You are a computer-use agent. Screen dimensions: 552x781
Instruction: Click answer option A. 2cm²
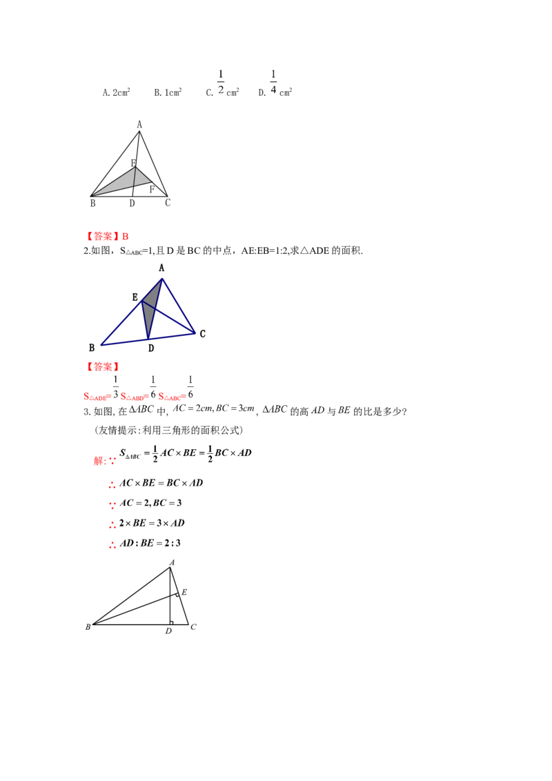[x=116, y=92]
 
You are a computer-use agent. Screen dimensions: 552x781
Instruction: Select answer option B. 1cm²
[x=168, y=92]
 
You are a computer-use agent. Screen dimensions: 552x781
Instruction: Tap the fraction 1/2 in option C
[x=221, y=82]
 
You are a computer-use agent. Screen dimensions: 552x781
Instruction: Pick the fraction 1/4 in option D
[x=273, y=82]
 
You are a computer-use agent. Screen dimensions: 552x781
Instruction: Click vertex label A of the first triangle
[x=139, y=124]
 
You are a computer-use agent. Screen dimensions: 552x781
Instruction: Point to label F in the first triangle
[x=152, y=190]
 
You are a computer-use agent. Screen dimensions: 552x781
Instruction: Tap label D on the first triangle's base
[x=132, y=204]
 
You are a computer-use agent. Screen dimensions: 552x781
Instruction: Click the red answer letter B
[x=126, y=237]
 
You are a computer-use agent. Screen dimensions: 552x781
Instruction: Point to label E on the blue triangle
[x=135, y=297]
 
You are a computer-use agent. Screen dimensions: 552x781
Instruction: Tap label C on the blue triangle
[x=202, y=334]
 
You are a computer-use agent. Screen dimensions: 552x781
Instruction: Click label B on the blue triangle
[x=92, y=348]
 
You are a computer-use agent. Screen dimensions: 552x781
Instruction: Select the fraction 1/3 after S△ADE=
[x=116, y=388]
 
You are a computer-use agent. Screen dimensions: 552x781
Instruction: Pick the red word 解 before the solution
[x=99, y=461]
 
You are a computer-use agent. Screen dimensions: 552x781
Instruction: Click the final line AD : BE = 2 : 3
[x=150, y=543]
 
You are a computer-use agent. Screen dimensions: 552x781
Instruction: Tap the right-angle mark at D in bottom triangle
[x=171, y=622]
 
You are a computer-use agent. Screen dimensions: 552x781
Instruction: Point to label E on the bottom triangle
[x=184, y=592]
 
